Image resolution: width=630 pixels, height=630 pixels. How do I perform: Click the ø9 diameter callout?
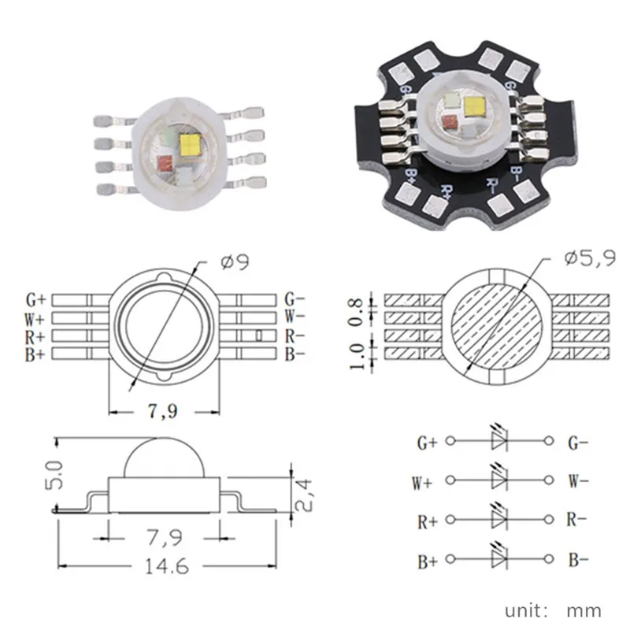click(x=235, y=261)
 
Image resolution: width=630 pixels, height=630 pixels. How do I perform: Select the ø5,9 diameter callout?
click(x=590, y=258)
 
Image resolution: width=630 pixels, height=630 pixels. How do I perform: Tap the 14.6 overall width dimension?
click(x=167, y=566)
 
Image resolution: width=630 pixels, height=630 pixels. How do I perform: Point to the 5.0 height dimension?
click(x=54, y=475)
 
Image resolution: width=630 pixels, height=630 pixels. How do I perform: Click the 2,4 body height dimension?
click(x=303, y=495)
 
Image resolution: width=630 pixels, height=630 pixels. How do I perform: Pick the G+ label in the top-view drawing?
click(x=36, y=300)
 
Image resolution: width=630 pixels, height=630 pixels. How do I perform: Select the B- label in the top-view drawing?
click(x=295, y=354)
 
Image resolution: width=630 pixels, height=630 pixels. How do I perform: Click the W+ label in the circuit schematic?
click(x=422, y=483)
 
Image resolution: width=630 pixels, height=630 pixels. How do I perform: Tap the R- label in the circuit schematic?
click(x=576, y=520)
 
